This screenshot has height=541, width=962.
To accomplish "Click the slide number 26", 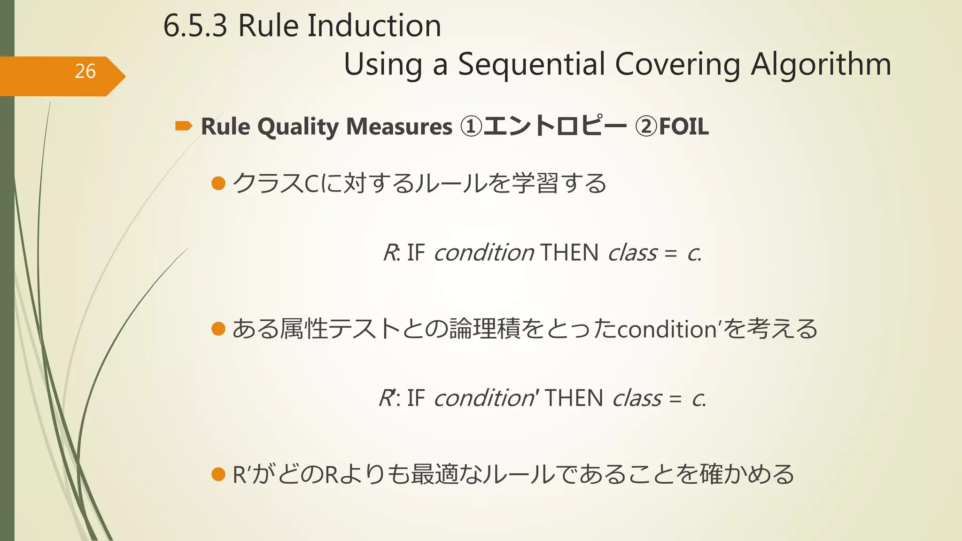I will click(85, 71).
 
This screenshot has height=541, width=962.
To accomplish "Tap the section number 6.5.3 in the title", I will click(195, 26).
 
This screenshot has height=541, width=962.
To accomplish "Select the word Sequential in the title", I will click(531, 65).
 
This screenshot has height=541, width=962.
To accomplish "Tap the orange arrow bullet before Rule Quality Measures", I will click(183, 126).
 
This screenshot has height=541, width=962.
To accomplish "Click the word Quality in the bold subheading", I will click(298, 127).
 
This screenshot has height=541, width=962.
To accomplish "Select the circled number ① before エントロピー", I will click(471, 127).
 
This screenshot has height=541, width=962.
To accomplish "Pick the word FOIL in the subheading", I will click(683, 127).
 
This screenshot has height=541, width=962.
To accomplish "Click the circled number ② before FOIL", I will click(646, 127).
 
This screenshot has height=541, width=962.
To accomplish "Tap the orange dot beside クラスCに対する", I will click(218, 183).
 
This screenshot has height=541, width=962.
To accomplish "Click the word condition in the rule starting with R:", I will click(484, 253).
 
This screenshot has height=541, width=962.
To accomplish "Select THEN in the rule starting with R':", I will click(574, 398).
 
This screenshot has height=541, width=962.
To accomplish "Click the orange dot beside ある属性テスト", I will click(218, 329).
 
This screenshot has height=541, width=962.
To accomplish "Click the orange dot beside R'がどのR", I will click(218, 474).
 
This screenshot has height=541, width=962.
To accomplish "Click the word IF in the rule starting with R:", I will click(416, 253).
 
